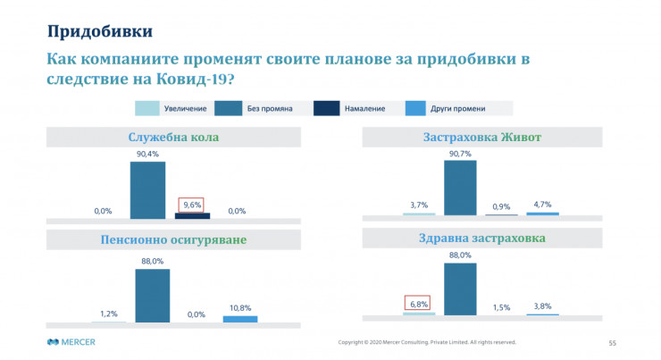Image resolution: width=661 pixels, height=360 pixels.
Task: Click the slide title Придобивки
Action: [x=99, y=31]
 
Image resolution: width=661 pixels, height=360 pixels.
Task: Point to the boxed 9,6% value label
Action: [x=192, y=204]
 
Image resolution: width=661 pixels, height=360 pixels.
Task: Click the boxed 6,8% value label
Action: [x=418, y=303]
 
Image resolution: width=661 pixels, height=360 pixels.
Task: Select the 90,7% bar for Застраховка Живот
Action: [x=460, y=188]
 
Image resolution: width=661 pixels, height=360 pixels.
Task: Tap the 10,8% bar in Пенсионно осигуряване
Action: [x=239, y=318]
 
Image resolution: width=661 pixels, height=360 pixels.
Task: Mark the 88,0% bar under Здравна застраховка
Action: [x=460, y=289]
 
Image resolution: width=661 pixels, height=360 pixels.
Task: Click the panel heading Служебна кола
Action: [x=173, y=138]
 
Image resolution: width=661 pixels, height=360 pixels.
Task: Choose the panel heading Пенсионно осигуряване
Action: [x=173, y=240]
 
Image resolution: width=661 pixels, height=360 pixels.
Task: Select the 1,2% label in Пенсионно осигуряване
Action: [x=108, y=313]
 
